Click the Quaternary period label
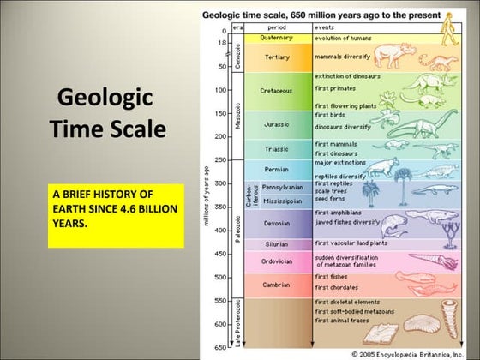coord(276,38)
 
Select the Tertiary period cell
coord(276,57)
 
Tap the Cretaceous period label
coord(276,90)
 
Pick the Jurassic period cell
coord(276,124)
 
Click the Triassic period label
coord(276,149)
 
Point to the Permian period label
coord(276,170)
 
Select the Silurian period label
coord(276,243)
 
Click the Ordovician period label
coord(276,261)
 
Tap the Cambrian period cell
coord(276,285)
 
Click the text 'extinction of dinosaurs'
coord(346,76)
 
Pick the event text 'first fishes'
coord(331,277)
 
